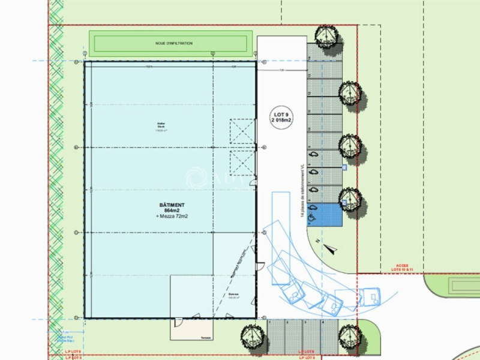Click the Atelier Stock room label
click(160, 127)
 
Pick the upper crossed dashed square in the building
click(243, 131)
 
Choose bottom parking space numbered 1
click(275, 334)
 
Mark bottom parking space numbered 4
click(325, 334)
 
